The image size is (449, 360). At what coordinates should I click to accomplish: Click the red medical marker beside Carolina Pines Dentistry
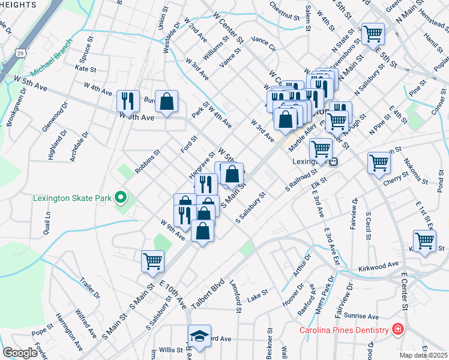coord(397,329)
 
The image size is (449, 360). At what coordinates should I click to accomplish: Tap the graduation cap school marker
coord(199,335)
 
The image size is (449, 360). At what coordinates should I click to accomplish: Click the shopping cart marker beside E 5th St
coord(373,32)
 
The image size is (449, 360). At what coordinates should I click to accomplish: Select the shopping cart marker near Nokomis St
coord(379,161)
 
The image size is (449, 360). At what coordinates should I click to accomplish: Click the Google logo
coord(20,353)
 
